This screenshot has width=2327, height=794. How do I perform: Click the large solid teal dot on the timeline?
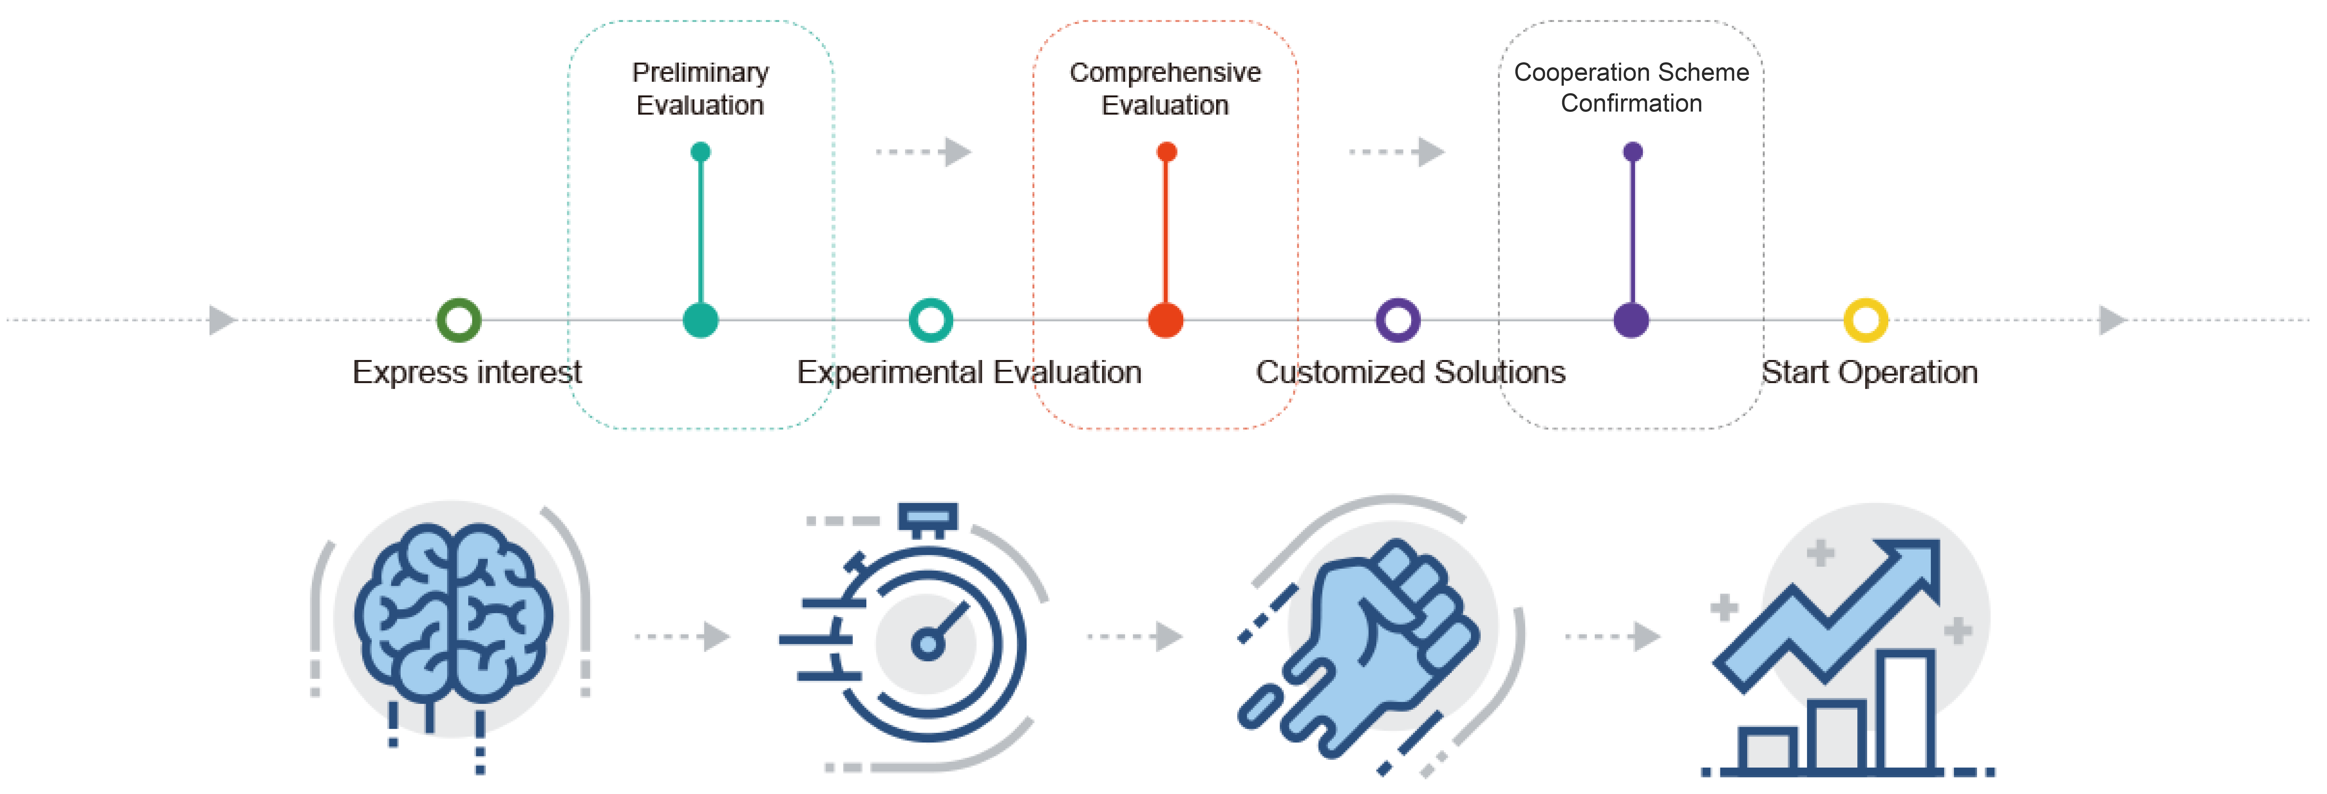click(701, 320)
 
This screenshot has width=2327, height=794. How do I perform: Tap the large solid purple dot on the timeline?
click(1631, 320)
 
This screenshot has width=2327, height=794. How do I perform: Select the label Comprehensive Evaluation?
click(1165, 88)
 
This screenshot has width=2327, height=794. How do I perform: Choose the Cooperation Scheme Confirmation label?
click(1631, 88)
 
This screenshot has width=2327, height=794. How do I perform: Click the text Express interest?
click(467, 372)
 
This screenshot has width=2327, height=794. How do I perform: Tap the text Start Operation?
click(1870, 372)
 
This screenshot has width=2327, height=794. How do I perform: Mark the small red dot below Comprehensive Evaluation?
click(1166, 152)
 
